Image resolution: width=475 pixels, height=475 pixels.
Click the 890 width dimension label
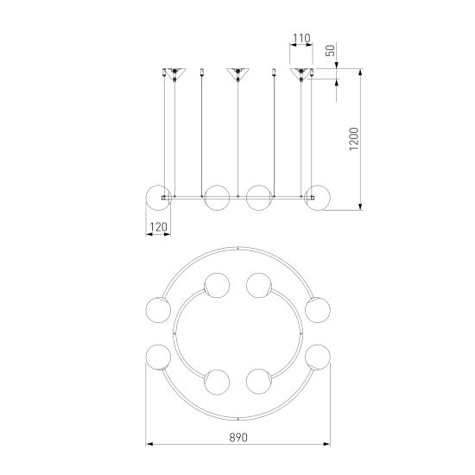pyautogui.click(x=238, y=438)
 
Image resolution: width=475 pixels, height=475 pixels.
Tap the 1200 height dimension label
pyautogui.click(x=353, y=139)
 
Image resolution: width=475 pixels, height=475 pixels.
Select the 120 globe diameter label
pyautogui.click(x=158, y=227)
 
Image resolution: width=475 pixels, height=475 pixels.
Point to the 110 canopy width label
pyautogui.click(x=301, y=38)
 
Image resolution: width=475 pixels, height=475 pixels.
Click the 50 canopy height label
pyautogui.click(x=331, y=50)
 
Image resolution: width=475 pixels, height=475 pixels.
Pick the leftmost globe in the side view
pyautogui.click(x=158, y=198)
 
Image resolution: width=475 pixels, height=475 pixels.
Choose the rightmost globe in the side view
pyautogui.click(x=318, y=198)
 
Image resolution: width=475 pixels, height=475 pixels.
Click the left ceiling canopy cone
pyautogui.click(x=174, y=73)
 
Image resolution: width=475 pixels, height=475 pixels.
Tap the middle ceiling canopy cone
pyautogui.click(x=237, y=73)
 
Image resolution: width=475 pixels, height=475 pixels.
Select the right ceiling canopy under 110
pyautogui.click(x=301, y=73)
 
